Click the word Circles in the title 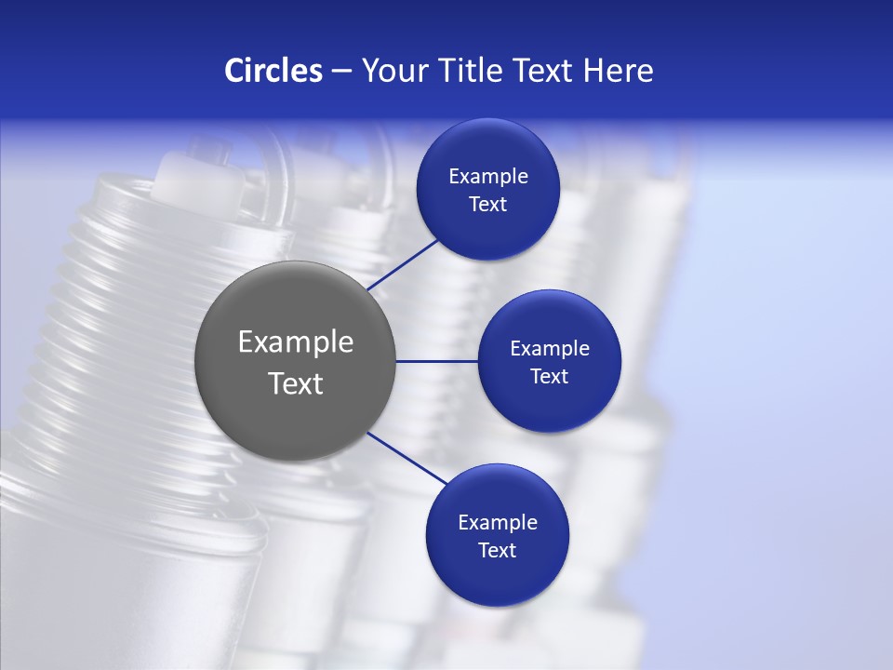[273, 71]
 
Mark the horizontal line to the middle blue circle [436, 361]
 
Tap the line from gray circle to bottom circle [407, 458]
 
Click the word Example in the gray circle [296, 342]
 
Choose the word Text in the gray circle [296, 383]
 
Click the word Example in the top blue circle [488, 177]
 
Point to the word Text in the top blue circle [487, 205]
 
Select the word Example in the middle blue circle [550, 349]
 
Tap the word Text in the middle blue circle [549, 377]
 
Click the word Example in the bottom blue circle [498, 523]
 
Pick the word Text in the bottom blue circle [497, 551]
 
